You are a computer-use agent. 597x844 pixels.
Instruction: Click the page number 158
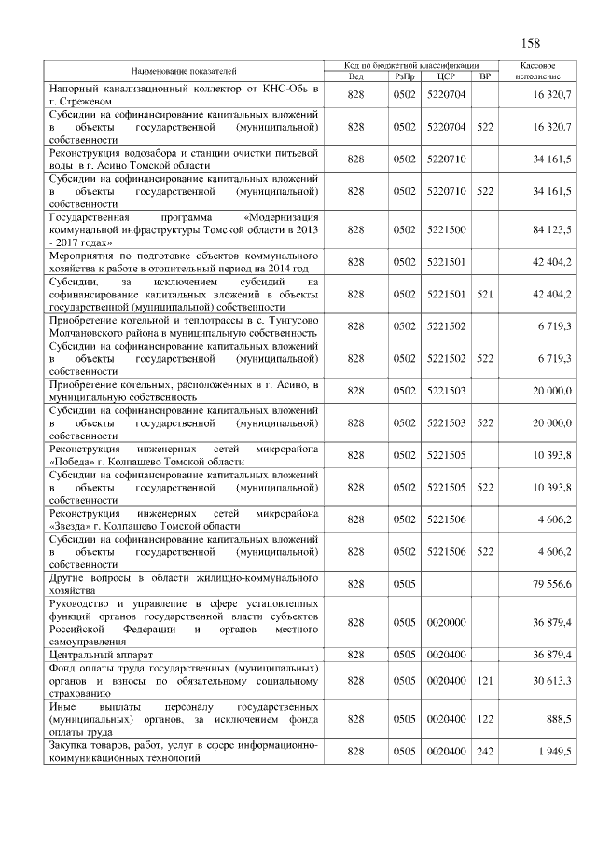tap(532, 43)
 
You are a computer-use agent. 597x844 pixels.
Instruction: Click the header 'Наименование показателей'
tap(184, 71)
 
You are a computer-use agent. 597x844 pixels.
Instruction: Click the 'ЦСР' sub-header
tap(445, 76)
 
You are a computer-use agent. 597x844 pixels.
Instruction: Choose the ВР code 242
tap(484, 752)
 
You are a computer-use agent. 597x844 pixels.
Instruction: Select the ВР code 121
tap(484, 682)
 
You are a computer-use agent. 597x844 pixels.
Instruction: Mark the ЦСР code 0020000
tap(445, 622)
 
